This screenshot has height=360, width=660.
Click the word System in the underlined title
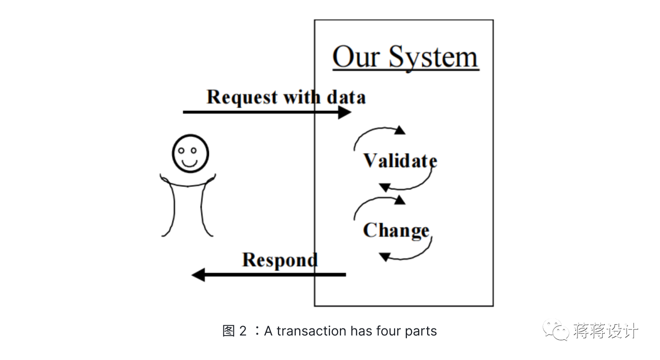tap(433, 58)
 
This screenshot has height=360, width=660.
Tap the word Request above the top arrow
tap(242, 97)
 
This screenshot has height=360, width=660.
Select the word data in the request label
tap(346, 97)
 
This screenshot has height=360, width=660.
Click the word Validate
tap(400, 161)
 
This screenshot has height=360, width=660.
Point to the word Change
tap(396, 231)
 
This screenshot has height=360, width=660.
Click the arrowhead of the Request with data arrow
tap(345, 112)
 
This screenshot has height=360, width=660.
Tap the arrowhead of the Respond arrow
tap(198, 275)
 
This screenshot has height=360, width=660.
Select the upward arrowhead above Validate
tap(400, 130)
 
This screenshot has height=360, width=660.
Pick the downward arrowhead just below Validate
tap(385, 188)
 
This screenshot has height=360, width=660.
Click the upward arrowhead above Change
tap(400, 200)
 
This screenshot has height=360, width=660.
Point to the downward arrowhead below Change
tap(385, 257)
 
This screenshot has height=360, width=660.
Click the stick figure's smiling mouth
tap(190, 164)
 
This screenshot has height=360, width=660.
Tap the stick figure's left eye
tap(181, 150)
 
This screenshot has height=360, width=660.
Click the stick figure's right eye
tap(194, 150)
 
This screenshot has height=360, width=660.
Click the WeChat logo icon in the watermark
tap(556, 330)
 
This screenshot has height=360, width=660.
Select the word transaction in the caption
tap(312, 331)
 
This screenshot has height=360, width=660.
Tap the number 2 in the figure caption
tap(243, 331)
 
